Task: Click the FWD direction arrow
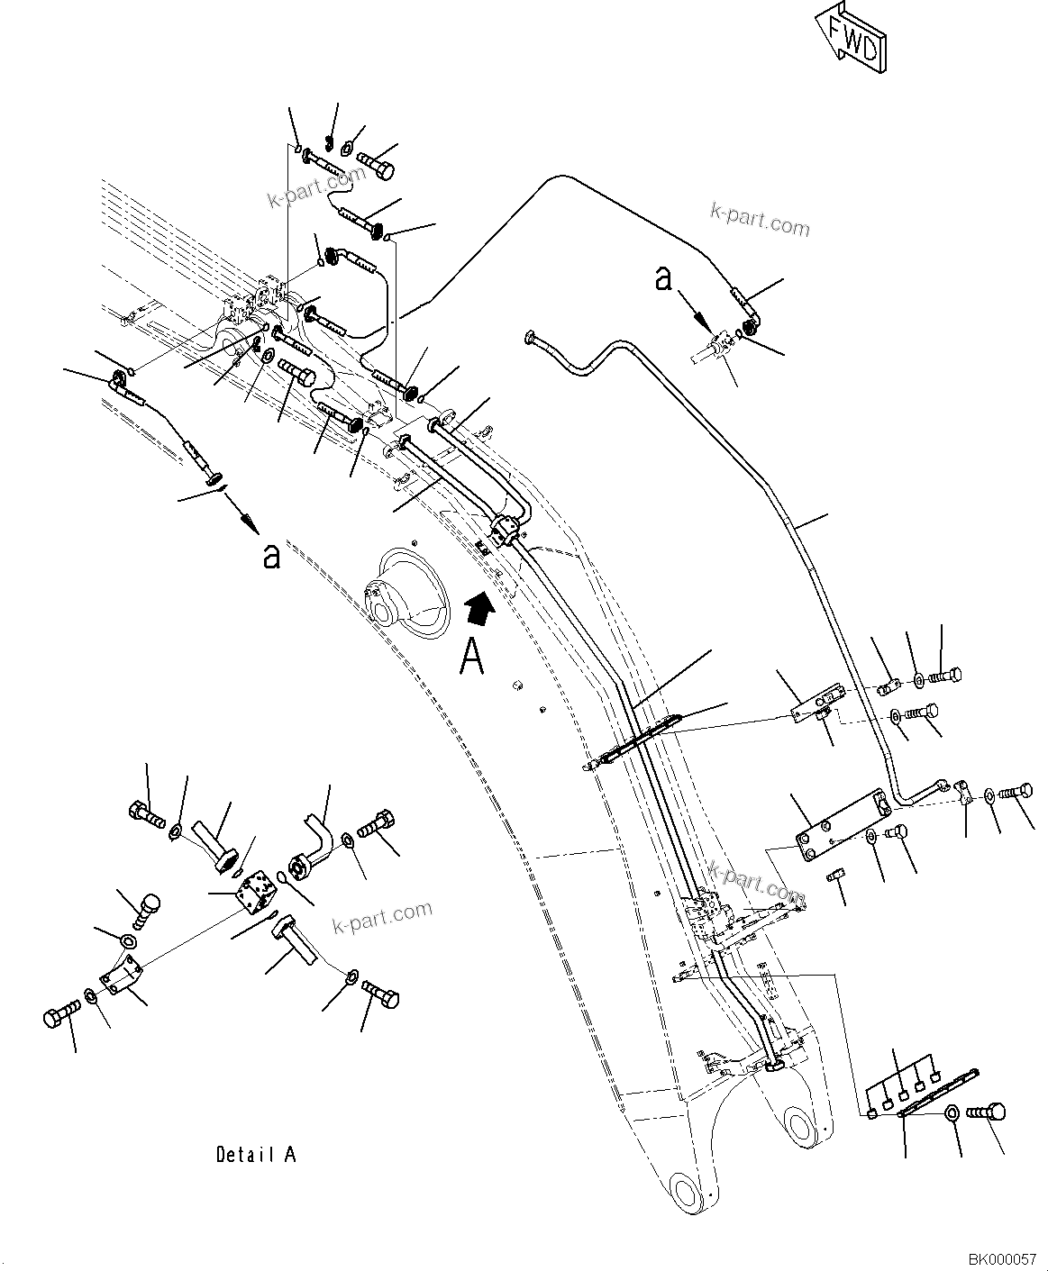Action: click(x=850, y=39)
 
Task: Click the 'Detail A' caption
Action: click(x=256, y=1154)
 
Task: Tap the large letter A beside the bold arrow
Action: click(x=473, y=656)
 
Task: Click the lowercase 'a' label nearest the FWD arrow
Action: click(x=664, y=279)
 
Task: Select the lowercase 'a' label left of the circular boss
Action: click(x=269, y=557)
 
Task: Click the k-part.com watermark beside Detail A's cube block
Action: click(x=381, y=919)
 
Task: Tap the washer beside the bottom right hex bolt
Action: click(x=952, y=1116)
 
